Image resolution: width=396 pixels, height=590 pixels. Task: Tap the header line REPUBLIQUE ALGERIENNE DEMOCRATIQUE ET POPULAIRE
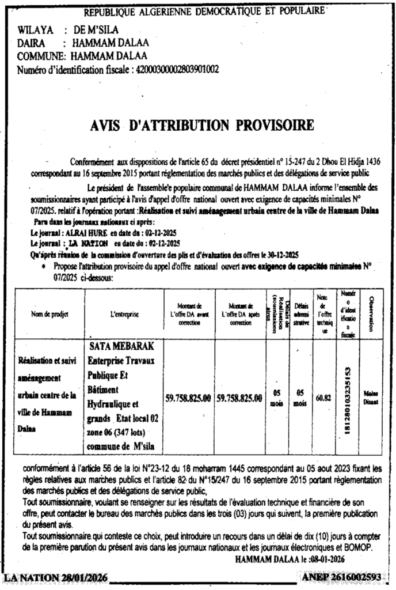(204, 12)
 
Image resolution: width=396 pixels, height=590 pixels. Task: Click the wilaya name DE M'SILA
(92, 29)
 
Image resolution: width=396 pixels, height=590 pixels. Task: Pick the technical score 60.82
(323, 398)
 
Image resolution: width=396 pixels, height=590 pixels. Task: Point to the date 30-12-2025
(284, 254)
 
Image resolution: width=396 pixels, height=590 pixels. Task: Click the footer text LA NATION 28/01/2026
(55, 577)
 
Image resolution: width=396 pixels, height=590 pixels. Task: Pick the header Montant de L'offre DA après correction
(241, 314)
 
